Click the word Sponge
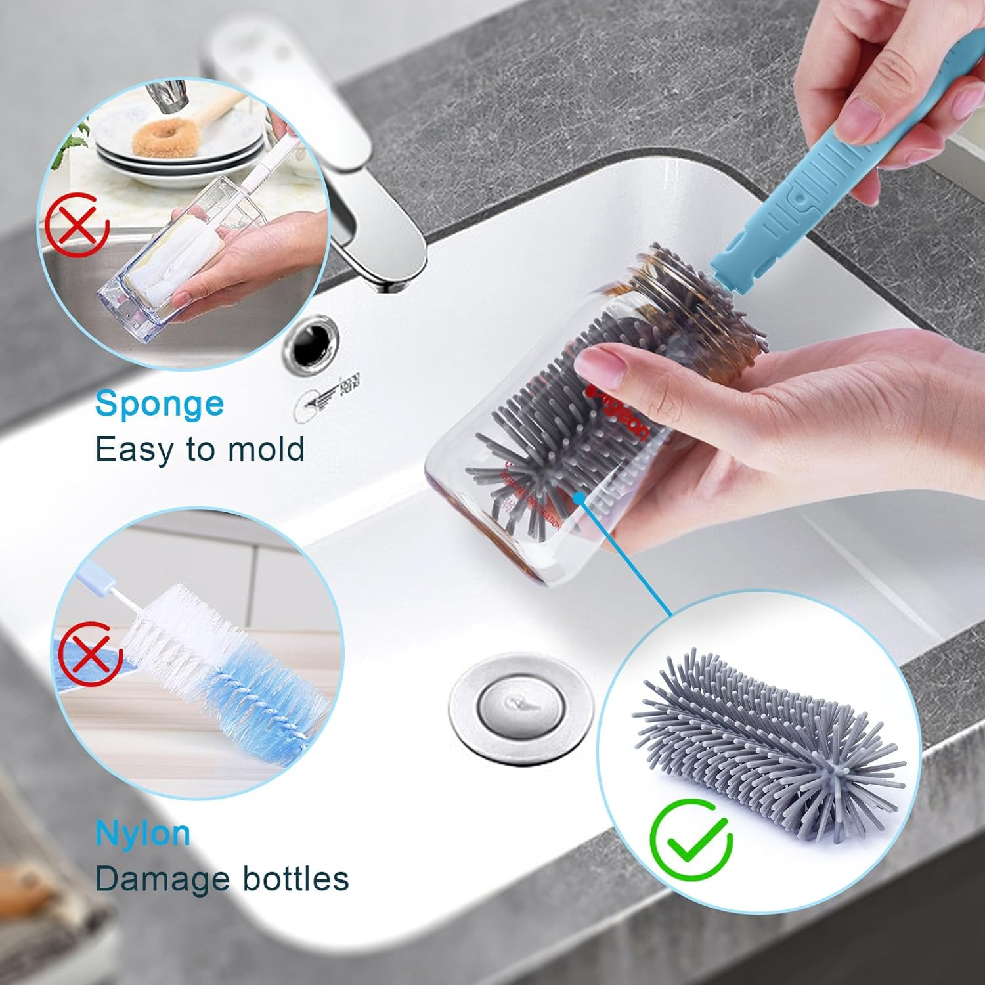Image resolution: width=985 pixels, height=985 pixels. point(160,405)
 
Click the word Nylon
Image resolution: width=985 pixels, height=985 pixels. point(143,834)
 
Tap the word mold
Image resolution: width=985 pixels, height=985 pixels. point(266,450)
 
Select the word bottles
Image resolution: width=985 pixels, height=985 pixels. point(295,879)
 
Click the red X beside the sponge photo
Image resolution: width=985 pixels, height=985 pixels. point(77,225)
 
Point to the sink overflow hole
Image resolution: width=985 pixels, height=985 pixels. point(311,346)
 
